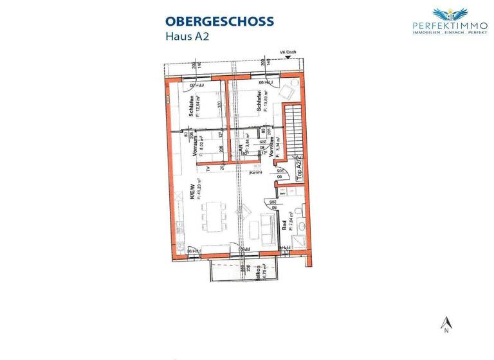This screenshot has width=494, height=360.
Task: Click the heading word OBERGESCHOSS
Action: point(219,21)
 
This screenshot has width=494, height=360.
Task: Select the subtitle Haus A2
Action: point(187,36)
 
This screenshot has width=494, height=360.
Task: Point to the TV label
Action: point(208,170)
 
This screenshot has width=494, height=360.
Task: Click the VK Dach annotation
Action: point(287,53)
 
